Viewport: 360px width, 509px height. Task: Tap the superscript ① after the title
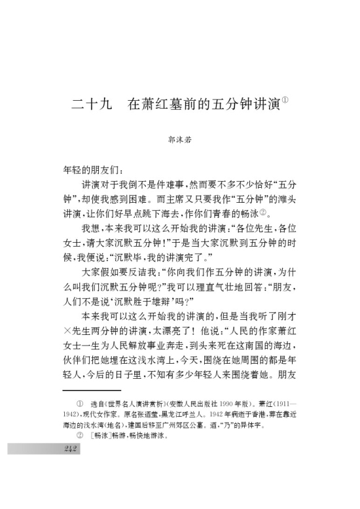pyautogui.click(x=285, y=99)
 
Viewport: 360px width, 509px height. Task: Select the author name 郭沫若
pyautogui.click(x=179, y=139)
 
